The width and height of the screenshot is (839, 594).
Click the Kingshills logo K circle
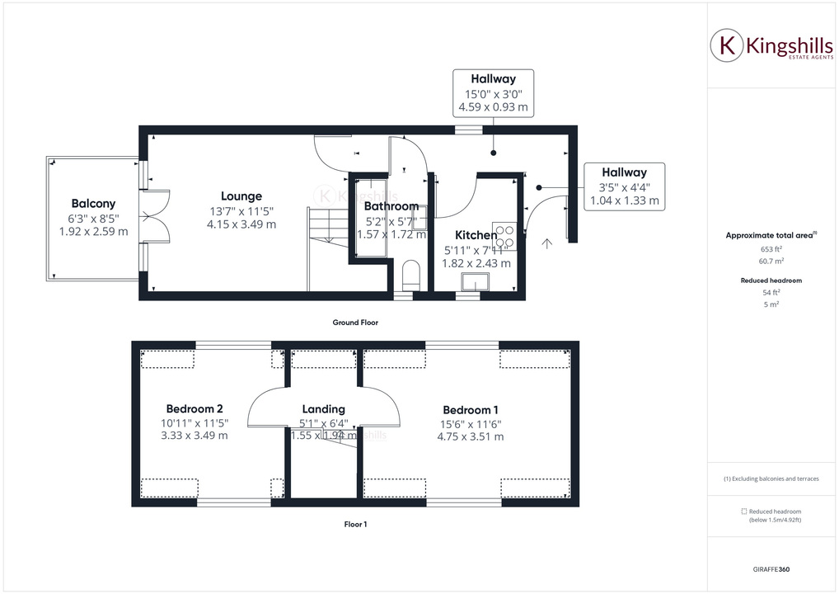[727, 46]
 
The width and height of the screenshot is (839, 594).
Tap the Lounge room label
[241, 196]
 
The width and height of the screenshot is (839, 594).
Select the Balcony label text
[93, 204]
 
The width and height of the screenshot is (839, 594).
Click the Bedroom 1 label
[470, 410]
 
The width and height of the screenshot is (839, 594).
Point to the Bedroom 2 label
[195, 408]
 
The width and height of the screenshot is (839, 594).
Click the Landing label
[323, 408]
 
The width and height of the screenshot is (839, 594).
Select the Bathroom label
[391, 206]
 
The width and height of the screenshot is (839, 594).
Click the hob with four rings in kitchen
[504, 237]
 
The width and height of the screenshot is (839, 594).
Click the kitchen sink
[473, 284]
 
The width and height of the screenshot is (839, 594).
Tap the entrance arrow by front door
[546, 243]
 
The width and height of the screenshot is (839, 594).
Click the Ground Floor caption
[356, 323]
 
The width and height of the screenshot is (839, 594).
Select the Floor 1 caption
[355, 524]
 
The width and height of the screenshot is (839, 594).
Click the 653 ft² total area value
[771, 248]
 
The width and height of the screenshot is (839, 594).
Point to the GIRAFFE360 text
[771, 569]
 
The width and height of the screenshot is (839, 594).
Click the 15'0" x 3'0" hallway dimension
[493, 94]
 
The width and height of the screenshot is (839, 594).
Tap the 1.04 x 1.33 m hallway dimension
[624, 200]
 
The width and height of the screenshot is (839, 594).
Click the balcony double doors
[155, 216]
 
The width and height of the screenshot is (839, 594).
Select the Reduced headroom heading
[771, 280]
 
